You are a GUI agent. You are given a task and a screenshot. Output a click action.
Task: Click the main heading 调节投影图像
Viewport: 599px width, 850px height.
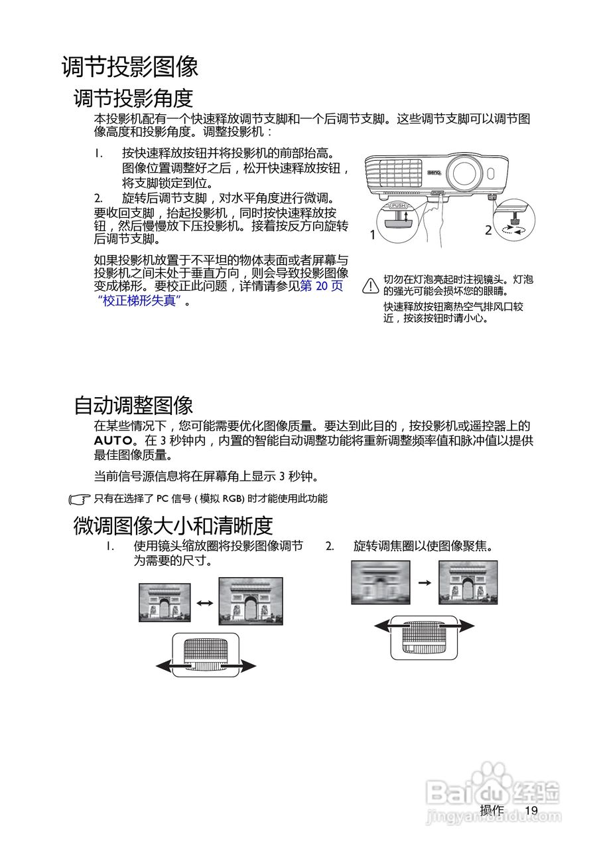[130, 67]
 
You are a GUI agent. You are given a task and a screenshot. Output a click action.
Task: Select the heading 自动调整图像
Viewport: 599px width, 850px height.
[133, 404]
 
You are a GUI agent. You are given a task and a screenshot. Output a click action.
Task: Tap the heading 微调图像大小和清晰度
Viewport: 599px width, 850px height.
[172, 525]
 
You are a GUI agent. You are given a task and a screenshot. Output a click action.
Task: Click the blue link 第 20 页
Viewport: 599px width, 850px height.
[322, 286]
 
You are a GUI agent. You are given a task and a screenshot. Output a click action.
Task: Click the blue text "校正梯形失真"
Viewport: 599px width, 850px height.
[139, 300]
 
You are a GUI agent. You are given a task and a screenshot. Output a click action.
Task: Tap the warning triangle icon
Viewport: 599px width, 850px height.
[370, 286]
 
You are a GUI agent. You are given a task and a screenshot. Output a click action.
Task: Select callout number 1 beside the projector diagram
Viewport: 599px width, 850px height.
[373, 234]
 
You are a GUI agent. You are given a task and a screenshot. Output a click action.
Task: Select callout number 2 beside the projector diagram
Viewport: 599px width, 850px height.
[488, 231]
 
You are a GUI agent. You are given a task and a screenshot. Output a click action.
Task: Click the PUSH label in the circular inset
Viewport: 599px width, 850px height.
[398, 206]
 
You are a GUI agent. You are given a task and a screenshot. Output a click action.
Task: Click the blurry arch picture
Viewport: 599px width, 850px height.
[381, 582]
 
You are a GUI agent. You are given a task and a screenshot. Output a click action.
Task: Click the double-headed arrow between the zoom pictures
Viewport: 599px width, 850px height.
[204, 603]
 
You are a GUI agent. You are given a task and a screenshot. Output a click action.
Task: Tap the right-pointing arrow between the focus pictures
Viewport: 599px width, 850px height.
[425, 582]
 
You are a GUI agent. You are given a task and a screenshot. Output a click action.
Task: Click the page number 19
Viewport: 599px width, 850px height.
[531, 810]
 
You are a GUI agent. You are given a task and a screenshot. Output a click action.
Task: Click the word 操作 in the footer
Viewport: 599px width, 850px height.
[492, 810]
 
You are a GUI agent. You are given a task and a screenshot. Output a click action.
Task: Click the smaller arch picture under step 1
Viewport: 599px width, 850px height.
[165, 602]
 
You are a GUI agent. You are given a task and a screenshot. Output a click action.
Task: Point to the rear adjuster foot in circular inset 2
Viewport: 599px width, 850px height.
[514, 218]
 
